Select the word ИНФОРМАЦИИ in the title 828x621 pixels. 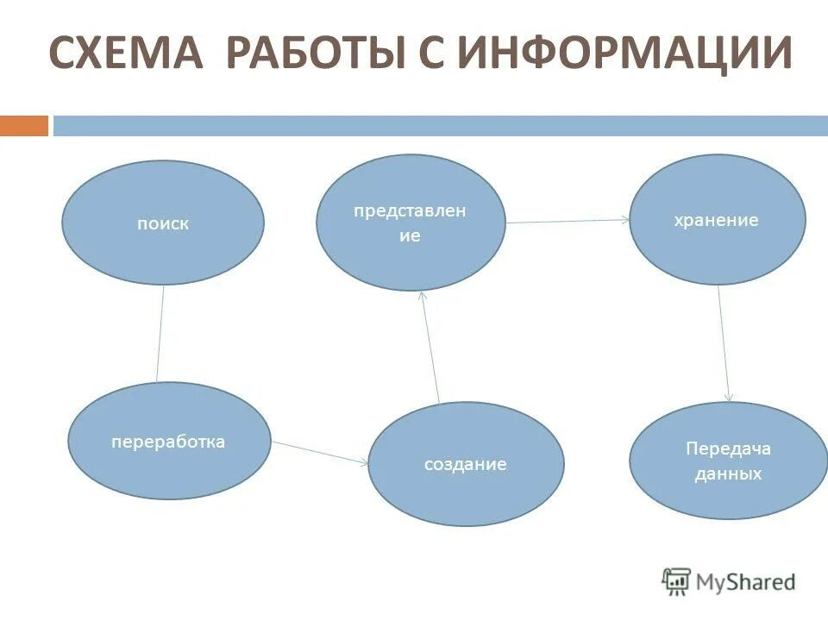pyautogui.click(x=624, y=53)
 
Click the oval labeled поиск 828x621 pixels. pyautogui.click(x=162, y=223)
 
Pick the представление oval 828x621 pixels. pyautogui.click(x=410, y=222)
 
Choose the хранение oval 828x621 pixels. pyautogui.click(x=717, y=220)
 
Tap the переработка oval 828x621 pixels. pyautogui.click(x=168, y=441)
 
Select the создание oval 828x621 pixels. pyautogui.click(x=466, y=464)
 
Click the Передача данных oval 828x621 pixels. pyautogui.click(x=728, y=461)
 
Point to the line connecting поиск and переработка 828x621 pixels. pyautogui.click(x=160, y=333)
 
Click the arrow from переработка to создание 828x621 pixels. pyautogui.click(x=320, y=453)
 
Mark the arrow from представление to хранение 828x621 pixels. pyautogui.click(x=568, y=222)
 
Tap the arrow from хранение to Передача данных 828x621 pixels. pyautogui.click(x=724, y=343)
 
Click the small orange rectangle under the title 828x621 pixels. pyautogui.click(x=23, y=126)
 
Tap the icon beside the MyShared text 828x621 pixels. pyautogui.click(x=676, y=581)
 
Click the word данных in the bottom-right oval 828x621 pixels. pyautogui.click(x=728, y=474)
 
